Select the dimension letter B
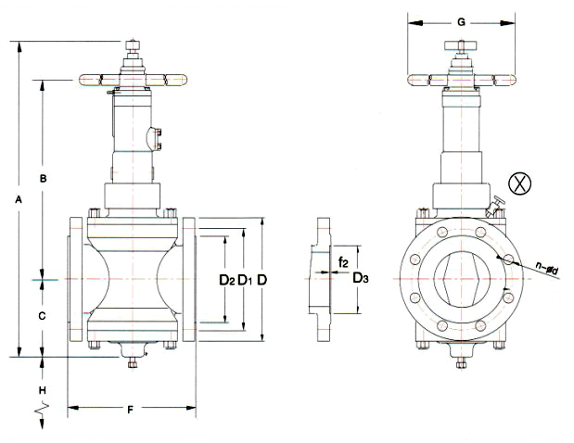point(43,176)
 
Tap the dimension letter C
point(42,315)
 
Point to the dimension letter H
point(43,379)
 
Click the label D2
point(225,279)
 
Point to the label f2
point(342,262)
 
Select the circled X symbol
point(522,184)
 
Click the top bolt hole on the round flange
point(461,222)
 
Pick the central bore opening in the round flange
point(461,279)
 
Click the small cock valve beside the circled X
point(499,203)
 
